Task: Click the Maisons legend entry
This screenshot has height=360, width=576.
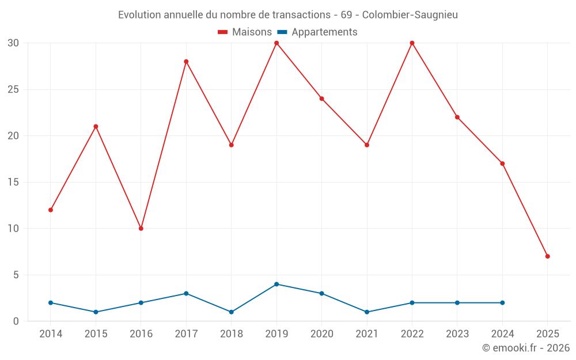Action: (245, 32)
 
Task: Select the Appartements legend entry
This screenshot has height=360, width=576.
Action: (317, 32)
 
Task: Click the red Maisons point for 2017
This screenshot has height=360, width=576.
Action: (186, 62)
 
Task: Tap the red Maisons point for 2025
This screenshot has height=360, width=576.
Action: (547, 256)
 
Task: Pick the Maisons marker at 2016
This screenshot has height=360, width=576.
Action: (141, 229)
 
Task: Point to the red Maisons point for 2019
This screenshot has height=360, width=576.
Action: (276, 43)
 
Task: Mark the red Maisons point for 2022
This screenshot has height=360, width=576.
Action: (412, 43)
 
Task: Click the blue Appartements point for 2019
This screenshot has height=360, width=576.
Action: (276, 284)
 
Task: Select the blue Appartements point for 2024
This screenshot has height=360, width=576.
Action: (502, 302)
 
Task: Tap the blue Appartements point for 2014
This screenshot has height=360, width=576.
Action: (51, 302)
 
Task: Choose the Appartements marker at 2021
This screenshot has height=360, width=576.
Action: (367, 312)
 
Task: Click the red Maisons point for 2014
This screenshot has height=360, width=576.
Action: (51, 210)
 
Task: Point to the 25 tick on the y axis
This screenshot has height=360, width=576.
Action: (13, 89)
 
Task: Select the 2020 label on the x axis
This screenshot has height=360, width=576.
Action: (321, 334)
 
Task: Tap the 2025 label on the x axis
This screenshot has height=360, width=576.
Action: (547, 334)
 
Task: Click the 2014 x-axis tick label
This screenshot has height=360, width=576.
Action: (51, 334)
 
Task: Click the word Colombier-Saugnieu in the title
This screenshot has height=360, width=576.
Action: (410, 15)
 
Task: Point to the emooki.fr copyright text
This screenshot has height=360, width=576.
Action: (526, 348)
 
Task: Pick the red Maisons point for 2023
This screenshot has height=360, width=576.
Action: (457, 117)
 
